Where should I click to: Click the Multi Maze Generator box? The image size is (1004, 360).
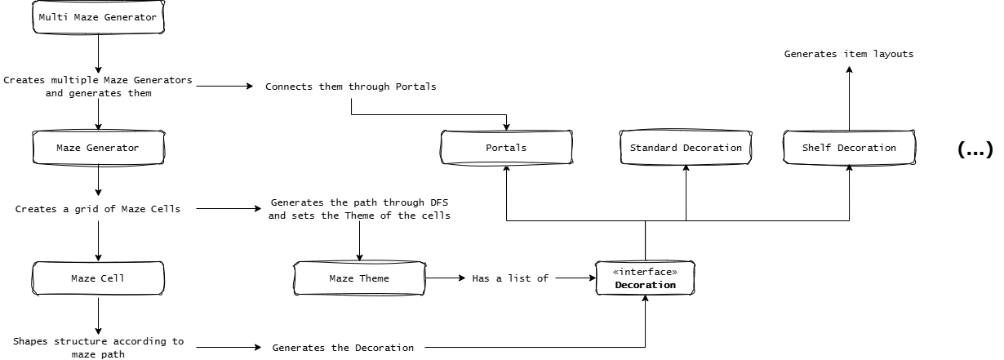point(98,17)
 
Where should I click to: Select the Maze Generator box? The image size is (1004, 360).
point(98,148)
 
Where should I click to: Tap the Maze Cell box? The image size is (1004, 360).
point(98,278)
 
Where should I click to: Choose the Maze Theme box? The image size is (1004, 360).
point(359,278)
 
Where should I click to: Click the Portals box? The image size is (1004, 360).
point(506,148)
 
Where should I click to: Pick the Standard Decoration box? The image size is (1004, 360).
point(686,148)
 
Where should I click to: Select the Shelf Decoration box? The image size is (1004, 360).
point(849,148)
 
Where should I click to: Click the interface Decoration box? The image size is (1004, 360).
point(646,278)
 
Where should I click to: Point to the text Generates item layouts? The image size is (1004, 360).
point(849,54)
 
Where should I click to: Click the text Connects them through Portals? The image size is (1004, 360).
point(351,87)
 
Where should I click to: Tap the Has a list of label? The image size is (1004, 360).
point(510,278)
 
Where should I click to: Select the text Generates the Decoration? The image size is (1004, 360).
point(343,348)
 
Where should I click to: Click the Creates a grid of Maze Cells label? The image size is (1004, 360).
point(98,209)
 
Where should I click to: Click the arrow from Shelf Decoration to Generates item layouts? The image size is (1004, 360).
point(849,98)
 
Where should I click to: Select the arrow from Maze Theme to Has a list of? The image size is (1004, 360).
point(445,278)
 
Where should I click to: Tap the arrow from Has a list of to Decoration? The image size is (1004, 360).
point(575,278)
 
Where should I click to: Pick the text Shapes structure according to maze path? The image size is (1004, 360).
point(98,348)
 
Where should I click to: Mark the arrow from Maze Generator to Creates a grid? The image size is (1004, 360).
point(98,180)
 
